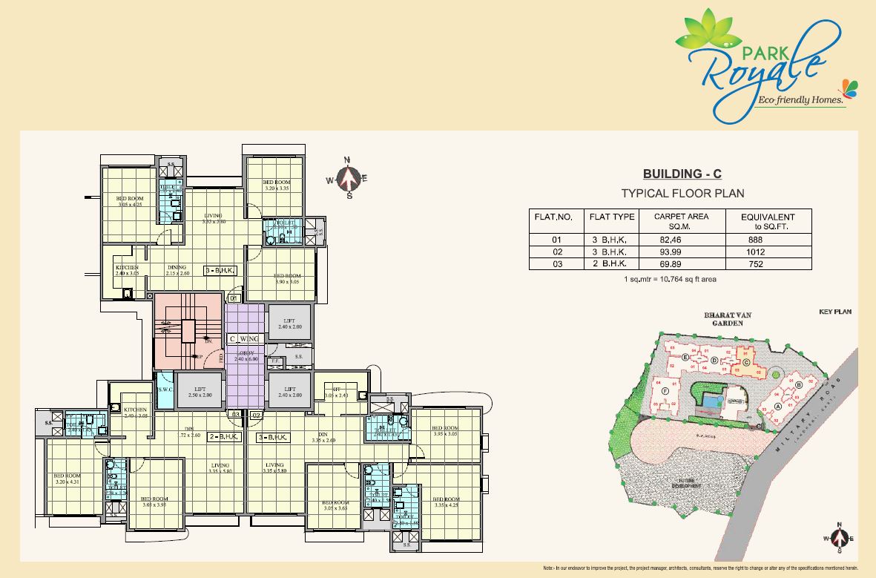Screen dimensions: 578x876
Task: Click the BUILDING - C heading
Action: (682, 174)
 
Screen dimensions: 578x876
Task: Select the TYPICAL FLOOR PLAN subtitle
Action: (682, 193)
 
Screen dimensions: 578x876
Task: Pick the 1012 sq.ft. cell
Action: (757, 252)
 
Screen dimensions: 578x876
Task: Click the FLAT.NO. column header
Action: (553, 217)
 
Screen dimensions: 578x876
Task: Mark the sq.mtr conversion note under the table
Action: (670, 280)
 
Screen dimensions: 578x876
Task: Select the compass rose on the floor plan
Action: (348, 179)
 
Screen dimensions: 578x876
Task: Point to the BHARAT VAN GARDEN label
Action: (728, 319)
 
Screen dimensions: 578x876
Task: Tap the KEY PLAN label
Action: (834, 312)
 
